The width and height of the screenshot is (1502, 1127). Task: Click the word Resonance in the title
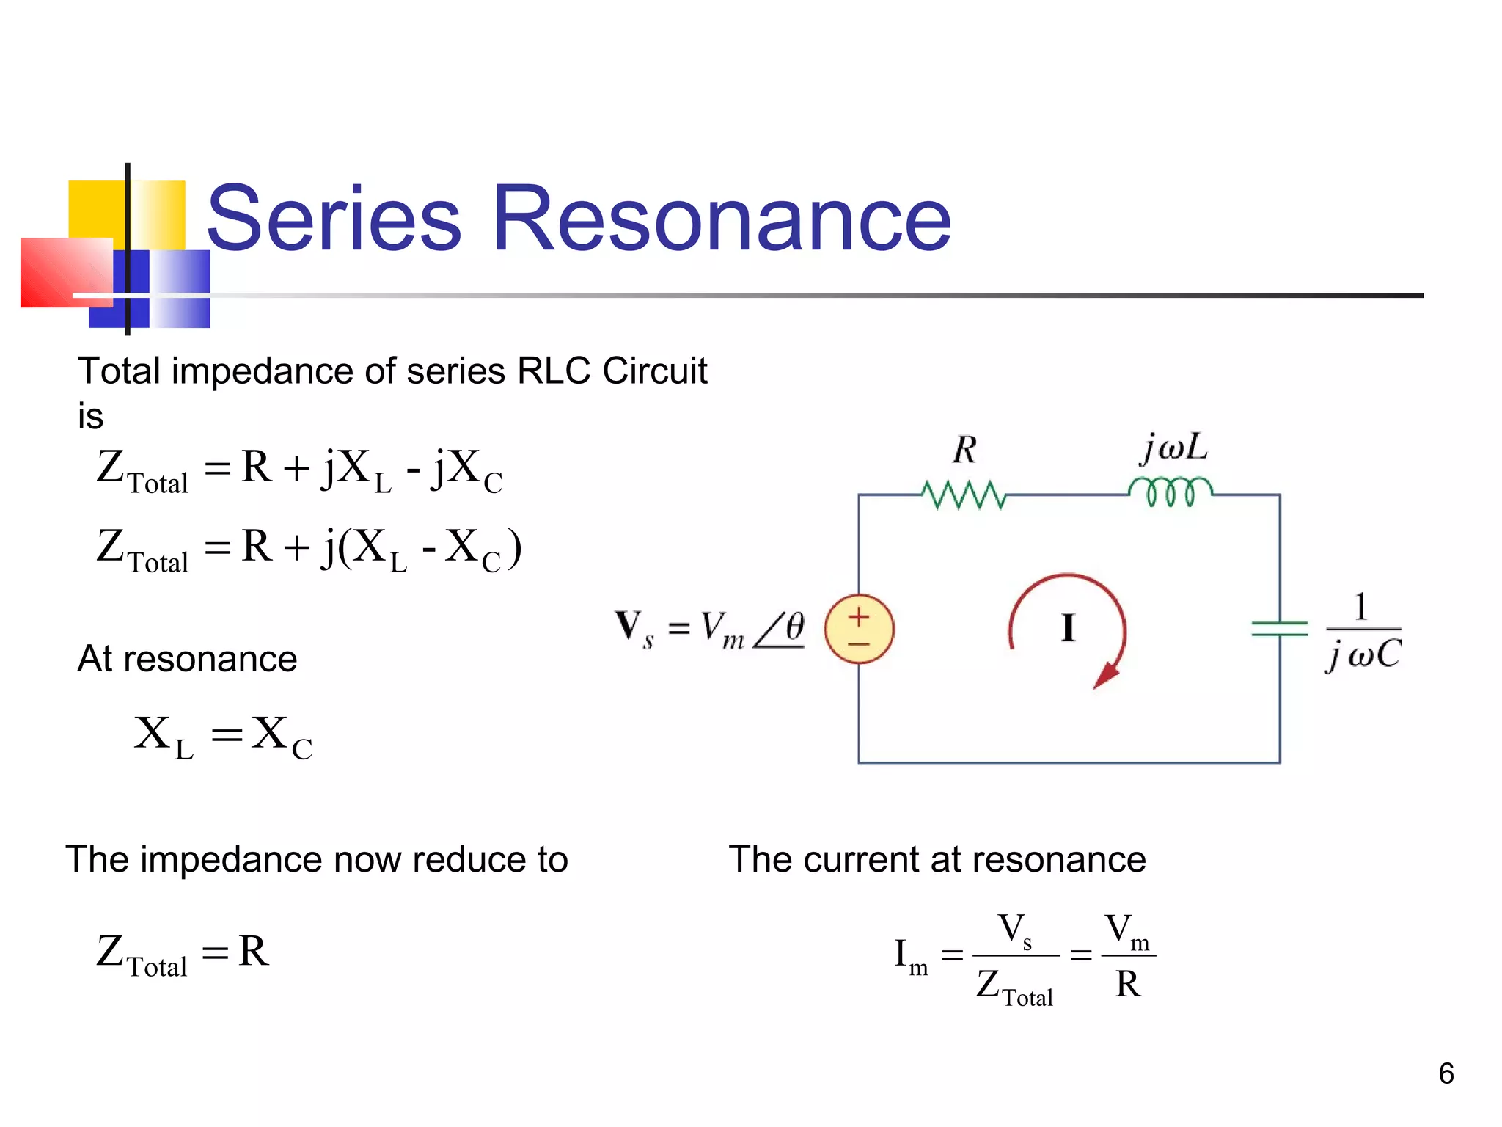pyautogui.click(x=722, y=219)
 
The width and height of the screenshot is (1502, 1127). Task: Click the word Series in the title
pyautogui.click(x=334, y=219)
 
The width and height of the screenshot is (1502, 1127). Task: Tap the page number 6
pyautogui.click(x=1446, y=1073)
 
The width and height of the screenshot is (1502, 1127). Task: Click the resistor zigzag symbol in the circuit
pyautogui.click(x=964, y=495)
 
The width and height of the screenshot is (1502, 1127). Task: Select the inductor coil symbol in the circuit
pyautogui.click(x=1171, y=491)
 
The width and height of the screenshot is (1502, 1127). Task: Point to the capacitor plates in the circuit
pyautogui.click(x=1280, y=629)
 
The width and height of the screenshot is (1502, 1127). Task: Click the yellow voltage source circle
pyautogui.click(x=859, y=629)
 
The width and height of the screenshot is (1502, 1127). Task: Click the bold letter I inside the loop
pyautogui.click(x=1068, y=629)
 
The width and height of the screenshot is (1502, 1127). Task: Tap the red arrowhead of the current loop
pyautogui.click(x=1107, y=675)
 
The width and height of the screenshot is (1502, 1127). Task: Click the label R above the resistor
pyautogui.click(x=965, y=449)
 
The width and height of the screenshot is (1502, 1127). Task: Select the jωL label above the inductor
pyautogui.click(x=1174, y=447)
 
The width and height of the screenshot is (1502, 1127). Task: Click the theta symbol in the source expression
pyautogui.click(x=794, y=627)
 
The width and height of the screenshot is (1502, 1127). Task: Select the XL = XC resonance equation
pyautogui.click(x=223, y=736)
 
